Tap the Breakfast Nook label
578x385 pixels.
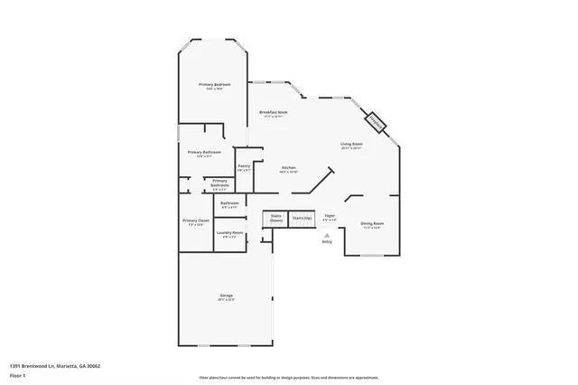(x=274, y=112)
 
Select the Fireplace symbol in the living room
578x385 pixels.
(x=375, y=120)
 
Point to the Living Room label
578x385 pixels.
(x=351, y=144)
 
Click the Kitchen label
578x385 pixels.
(x=288, y=168)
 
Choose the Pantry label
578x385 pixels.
(x=244, y=166)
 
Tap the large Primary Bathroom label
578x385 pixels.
(x=204, y=152)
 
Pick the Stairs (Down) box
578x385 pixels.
(x=275, y=219)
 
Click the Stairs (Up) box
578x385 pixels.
(x=301, y=218)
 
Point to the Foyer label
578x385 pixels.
(x=330, y=217)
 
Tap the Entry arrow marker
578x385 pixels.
(x=327, y=233)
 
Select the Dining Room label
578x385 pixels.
(x=372, y=223)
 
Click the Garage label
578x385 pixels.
(x=227, y=296)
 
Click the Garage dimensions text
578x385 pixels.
(x=227, y=301)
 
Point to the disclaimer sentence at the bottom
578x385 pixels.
(x=288, y=377)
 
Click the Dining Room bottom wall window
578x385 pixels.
(x=371, y=256)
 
